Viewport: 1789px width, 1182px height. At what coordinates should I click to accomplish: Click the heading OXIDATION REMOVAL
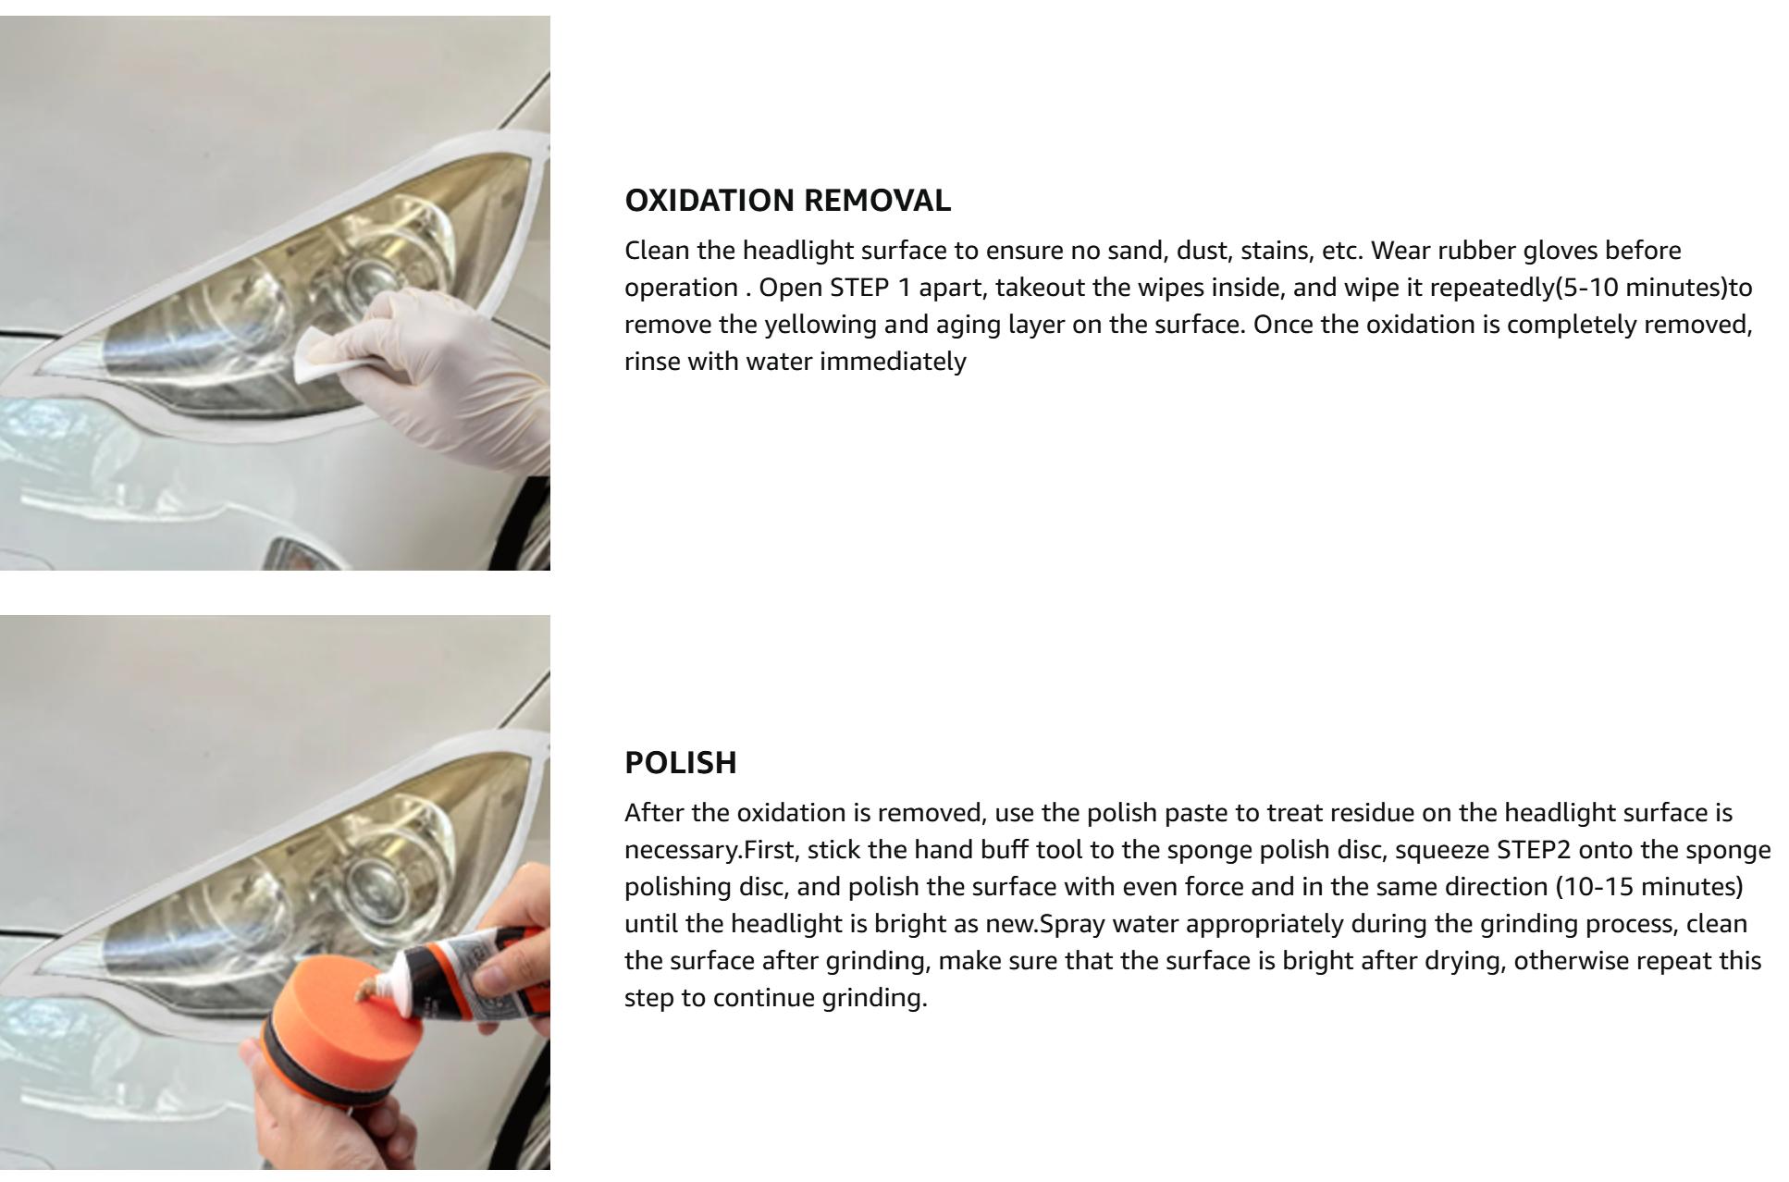coord(787,201)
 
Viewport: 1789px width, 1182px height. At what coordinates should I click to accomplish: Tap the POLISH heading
coord(681,763)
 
